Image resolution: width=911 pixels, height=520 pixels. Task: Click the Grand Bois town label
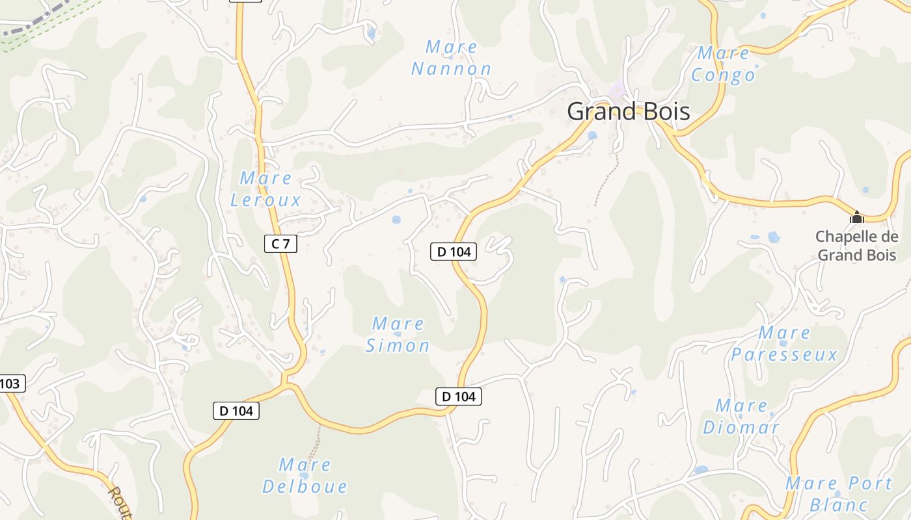pyautogui.click(x=628, y=111)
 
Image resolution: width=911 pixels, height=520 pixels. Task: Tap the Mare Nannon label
pyautogui.click(x=451, y=58)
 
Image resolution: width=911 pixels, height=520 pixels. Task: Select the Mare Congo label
pyautogui.click(x=723, y=64)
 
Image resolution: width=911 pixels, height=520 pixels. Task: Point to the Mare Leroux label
pyautogui.click(x=265, y=188)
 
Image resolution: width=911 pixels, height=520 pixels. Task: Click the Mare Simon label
pyautogui.click(x=398, y=334)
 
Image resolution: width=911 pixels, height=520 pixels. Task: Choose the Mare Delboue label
pyautogui.click(x=305, y=476)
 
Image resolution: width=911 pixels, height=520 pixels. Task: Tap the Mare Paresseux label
pyautogui.click(x=784, y=344)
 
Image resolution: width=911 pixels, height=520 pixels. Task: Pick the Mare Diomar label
pyautogui.click(x=741, y=417)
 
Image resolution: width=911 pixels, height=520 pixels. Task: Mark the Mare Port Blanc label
pyautogui.click(x=839, y=493)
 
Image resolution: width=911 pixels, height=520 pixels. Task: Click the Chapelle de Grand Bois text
pyautogui.click(x=857, y=246)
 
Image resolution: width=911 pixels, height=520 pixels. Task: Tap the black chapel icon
pyautogui.click(x=857, y=216)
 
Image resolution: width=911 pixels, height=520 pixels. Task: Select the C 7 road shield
pyautogui.click(x=281, y=244)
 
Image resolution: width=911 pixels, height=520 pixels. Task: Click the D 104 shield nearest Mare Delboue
pyautogui.click(x=236, y=410)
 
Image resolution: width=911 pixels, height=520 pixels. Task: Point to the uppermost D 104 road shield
pyautogui.click(x=454, y=252)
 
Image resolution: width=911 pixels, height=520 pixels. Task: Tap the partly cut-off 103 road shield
pyautogui.click(x=11, y=383)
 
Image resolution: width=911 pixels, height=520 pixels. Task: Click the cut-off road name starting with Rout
pyautogui.click(x=120, y=502)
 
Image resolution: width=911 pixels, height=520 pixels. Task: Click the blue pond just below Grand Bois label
pyautogui.click(x=592, y=136)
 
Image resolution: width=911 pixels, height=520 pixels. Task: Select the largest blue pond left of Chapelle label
pyautogui.click(x=773, y=237)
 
